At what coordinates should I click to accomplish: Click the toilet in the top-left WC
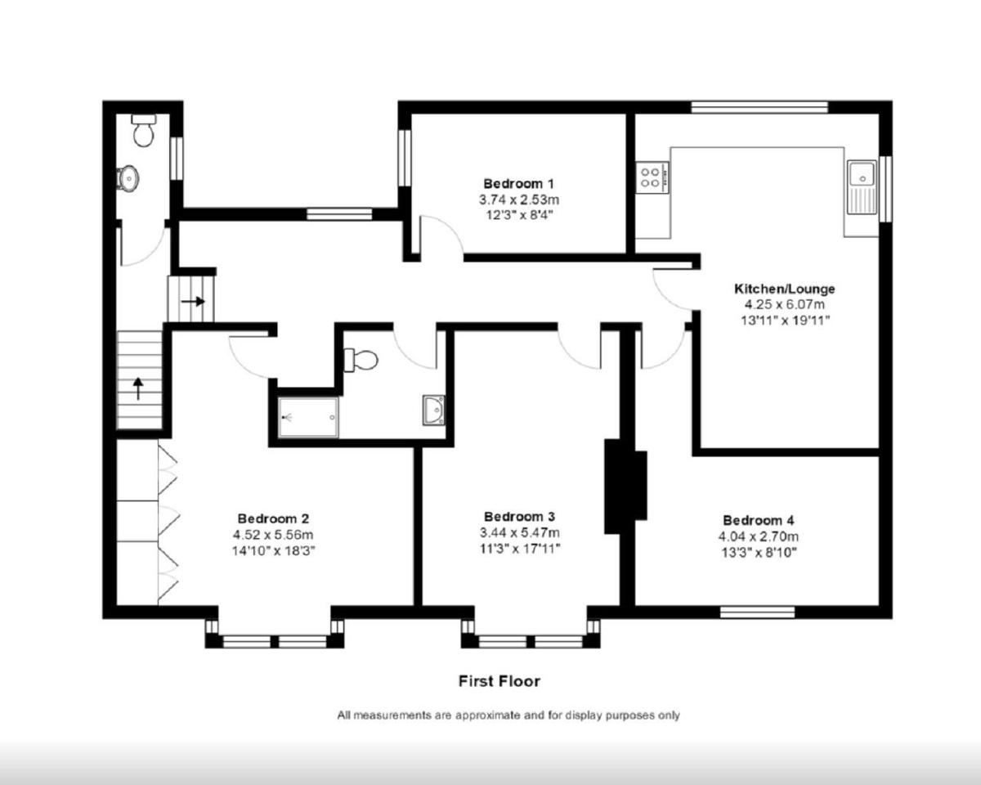pyautogui.click(x=144, y=131)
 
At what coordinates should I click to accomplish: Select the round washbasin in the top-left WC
pyautogui.click(x=128, y=177)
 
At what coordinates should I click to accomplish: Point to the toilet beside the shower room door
pyautogui.click(x=361, y=359)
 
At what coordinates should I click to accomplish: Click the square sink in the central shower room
pyautogui.click(x=433, y=409)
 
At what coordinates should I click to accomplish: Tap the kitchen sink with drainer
pyautogui.click(x=862, y=187)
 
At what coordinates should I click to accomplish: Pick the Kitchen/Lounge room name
pyautogui.click(x=784, y=289)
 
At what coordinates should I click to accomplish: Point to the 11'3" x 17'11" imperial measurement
pyautogui.click(x=519, y=548)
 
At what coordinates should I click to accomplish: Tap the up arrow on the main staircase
pyautogui.click(x=138, y=387)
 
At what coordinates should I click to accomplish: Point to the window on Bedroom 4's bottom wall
pyautogui.click(x=758, y=612)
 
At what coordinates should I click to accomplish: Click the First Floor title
pyautogui.click(x=499, y=680)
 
